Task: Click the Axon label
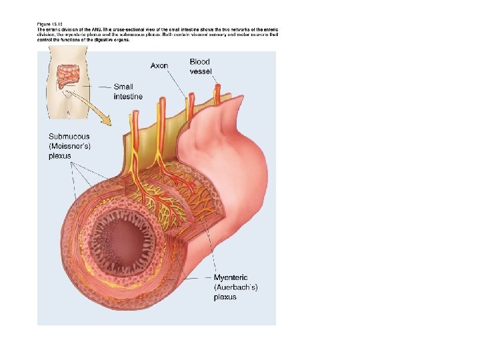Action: pyautogui.click(x=159, y=65)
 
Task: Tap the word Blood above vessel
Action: pyautogui.click(x=200, y=62)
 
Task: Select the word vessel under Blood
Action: pyautogui.click(x=201, y=71)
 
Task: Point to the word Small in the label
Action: pyautogui.click(x=123, y=87)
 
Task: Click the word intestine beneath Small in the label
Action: pyautogui.click(x=128, y=96)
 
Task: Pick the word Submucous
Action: pyautogui.click(x=69, y=137)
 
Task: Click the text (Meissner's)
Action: pyautogui.click(x=71, y=146)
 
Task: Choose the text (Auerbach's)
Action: pyautogui.click(x=235, y=287)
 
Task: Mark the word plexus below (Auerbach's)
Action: pyautogui.click(x=225, y=297)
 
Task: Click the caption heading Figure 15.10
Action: pyautogui.click(x=49, y=25)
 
